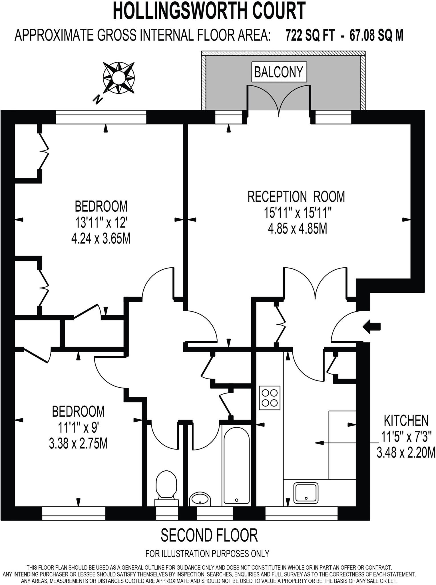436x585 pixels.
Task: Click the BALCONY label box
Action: pyautogui.click(x=279, y=72)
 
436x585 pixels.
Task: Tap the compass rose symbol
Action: pyautogui.click(x=118, y=78)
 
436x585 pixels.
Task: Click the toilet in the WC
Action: pyautogui.click(x=166, y=488)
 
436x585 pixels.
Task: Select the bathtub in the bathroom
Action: pyautogui.click(x=236, y=465)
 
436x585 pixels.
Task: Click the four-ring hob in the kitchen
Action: pyautogui.click(x=270, y=398)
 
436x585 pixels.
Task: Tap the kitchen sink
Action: pyautogui.click(x=306, y=492)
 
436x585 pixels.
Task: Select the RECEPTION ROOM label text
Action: pyautogui.click(x=296, y=197)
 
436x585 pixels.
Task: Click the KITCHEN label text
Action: pyautogui.click(x=406, y=420)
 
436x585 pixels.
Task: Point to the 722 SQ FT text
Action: pyautogui.click(x=310, y=36)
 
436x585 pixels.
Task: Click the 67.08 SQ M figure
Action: pyautogui.click(x=376, y=36)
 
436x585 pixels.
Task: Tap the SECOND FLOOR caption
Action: pyautogui.click(x=209, y=536)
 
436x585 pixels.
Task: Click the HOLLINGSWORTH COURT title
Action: pyautogui.click(x=209, y=11)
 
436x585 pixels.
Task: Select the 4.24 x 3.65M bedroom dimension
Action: pyautogui.click(x=101, y=239)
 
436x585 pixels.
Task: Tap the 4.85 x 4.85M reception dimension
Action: pyautogui.click(x=297, y=229)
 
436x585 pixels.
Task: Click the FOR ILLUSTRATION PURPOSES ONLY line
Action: pyautogui.click(x=207, y=554)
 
